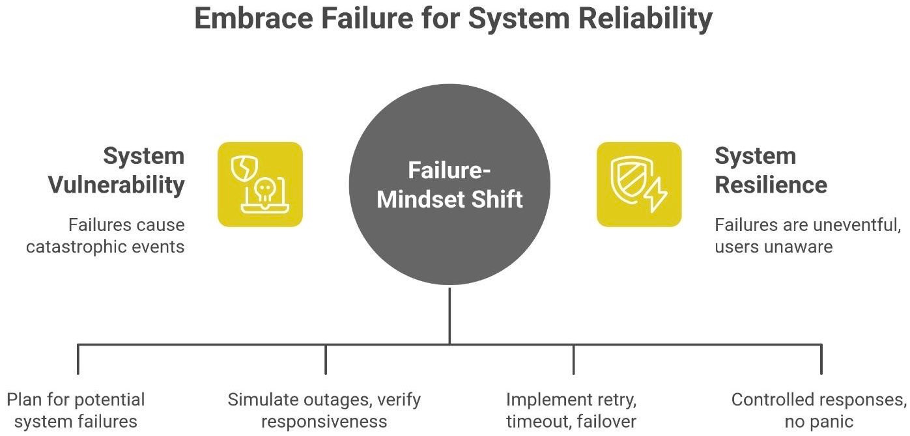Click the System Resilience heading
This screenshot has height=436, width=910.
[771, 170]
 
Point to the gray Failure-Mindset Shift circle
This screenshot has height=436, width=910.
[449, 185]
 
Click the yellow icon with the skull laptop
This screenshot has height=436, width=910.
[260, 185]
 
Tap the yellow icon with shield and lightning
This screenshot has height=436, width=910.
[639, 185]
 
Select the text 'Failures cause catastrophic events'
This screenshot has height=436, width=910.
[106, 236]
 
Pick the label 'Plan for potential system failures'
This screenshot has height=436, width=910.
[76, 410]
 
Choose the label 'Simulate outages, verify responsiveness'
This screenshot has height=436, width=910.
[324, 410]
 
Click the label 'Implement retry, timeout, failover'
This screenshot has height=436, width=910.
[571, 410]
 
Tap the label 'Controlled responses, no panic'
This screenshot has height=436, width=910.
[818, 410]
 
